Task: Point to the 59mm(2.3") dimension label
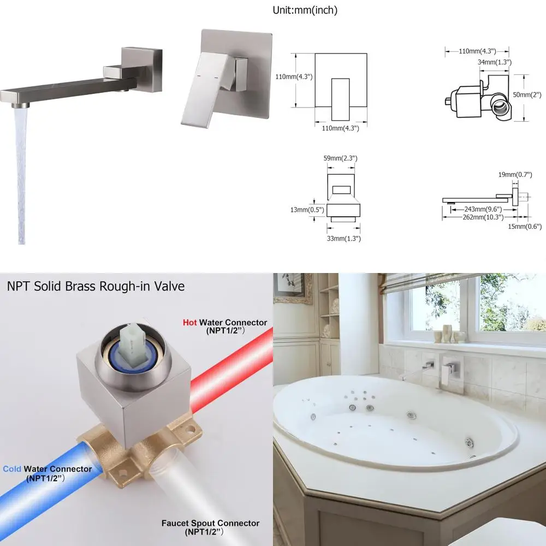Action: (340, 158)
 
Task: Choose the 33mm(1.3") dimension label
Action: (343, 239)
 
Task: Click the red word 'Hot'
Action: (189, 323)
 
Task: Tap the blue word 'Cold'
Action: (12, 468)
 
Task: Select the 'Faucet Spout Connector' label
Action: (210, 523)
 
